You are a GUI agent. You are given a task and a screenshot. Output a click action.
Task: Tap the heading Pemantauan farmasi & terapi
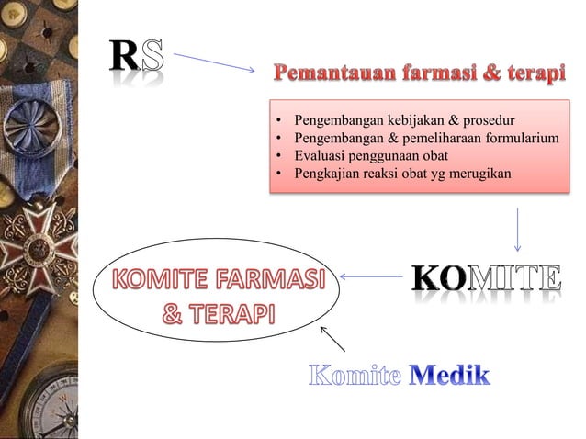pos(417,73)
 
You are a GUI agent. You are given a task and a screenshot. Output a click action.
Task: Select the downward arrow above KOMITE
pos(519,229)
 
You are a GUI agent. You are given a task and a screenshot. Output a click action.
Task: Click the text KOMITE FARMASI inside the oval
pos(220,278)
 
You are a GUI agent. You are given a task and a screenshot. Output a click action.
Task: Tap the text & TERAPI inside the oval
pos(218,314)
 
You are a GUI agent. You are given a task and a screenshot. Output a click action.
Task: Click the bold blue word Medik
pos(450,376)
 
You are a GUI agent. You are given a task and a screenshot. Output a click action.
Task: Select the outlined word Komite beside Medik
pos(355,376)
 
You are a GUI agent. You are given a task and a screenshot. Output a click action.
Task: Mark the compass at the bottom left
pos(51,404)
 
